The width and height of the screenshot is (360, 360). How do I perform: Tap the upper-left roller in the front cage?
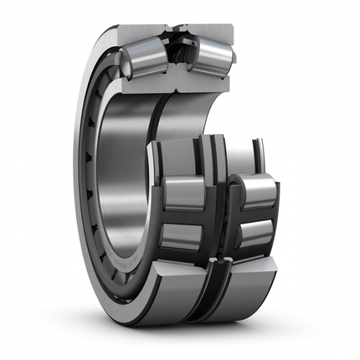(x=181, y=193)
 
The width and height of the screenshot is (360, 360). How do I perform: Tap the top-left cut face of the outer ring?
(x=139, y=31)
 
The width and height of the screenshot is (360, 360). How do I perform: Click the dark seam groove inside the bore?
(x=162, y=115)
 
